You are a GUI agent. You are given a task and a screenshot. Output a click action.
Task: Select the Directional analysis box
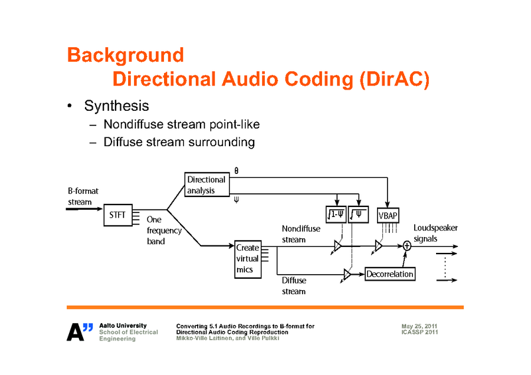(x=206, y=185)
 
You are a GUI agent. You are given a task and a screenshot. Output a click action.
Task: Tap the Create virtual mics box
(x=248, y=259)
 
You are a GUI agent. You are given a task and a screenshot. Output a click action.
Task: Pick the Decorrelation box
(x=390, y=273)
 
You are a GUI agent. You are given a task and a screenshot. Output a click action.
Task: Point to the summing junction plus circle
(x=408, y=246)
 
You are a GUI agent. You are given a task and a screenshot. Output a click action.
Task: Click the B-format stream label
(x=83, y=196)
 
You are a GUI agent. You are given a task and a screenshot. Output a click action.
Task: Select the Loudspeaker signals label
(x=435, y=232)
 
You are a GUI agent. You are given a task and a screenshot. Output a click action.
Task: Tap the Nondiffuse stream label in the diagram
(x=301, y=234)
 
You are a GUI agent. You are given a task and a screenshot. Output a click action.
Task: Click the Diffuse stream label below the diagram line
(x=294, y=285)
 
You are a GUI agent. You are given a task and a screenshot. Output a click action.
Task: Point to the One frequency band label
(x=164, y=230)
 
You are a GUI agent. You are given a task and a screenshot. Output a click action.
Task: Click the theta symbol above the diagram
(x=236, y=171)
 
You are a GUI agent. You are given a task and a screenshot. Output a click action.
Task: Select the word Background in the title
(x=125, y=54)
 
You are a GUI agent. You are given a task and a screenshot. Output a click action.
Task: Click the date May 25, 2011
(x=419, y=326)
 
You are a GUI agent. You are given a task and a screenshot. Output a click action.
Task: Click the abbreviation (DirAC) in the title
(x=394, y=80)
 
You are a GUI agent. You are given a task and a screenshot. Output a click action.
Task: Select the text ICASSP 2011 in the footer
(x=419, y=332)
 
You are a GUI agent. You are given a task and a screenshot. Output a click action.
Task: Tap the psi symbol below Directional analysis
(x=237, y=198)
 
